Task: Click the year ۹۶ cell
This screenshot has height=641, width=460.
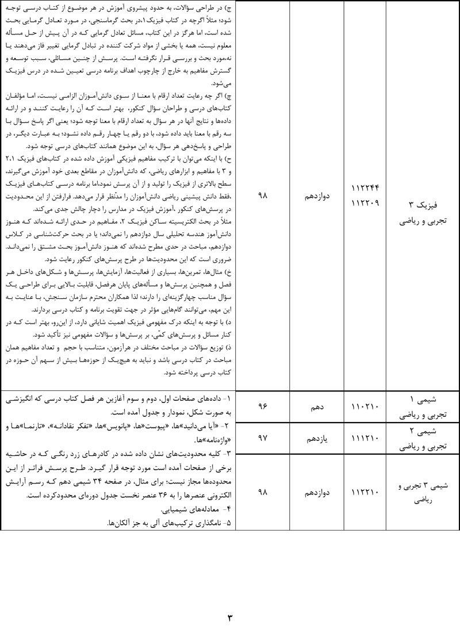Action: coord(263,406)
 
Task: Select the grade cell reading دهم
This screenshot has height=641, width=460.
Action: coord(314,406)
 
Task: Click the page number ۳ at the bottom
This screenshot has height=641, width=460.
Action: coord(230,619)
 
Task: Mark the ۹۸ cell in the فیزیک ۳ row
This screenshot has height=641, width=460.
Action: coord(263,196)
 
